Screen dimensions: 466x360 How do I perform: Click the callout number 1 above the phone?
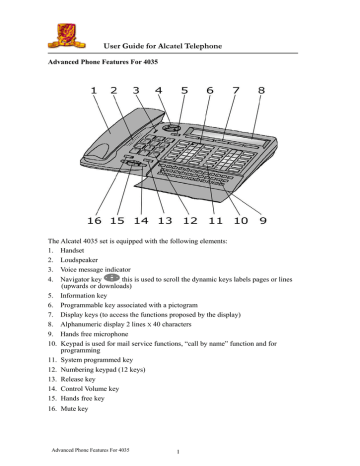[x=94, y=91]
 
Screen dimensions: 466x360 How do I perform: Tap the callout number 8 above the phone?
[x=262, y=91]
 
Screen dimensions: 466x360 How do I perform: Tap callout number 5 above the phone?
[x=184, y=91]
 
